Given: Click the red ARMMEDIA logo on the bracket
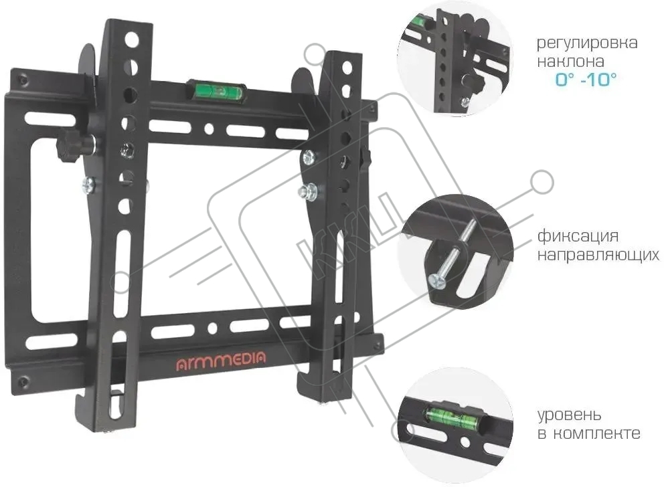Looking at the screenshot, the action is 221,360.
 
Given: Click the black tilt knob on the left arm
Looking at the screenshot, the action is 70,145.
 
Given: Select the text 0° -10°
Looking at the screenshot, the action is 586,79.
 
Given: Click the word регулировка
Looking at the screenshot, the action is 587,43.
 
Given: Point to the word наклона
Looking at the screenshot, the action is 570,62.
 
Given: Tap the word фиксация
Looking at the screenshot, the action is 578,236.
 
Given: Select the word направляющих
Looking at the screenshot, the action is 598,255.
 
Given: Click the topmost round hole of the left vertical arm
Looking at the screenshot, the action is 132,41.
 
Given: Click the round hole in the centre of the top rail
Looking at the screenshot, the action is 208,128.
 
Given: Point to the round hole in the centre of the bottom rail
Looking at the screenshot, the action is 212,328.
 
